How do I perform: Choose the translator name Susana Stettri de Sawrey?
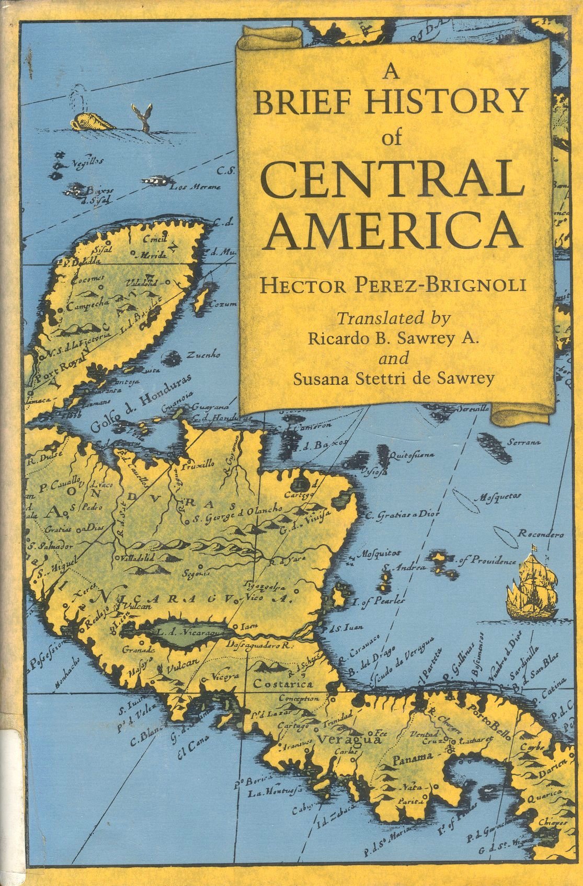(393, 379)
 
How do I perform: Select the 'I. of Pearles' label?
(379, 602)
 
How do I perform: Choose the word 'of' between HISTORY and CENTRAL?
(392, 139)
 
